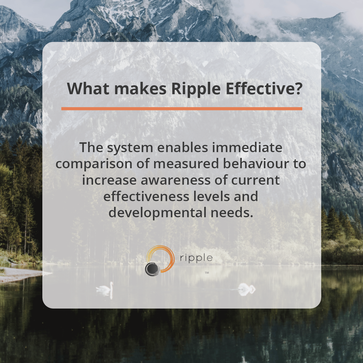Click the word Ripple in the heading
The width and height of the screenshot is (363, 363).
196,89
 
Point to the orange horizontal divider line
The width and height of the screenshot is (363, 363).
181,109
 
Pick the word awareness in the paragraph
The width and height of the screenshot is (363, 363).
175,180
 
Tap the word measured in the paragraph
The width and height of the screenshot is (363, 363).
186,164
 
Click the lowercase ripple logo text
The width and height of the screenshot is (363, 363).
196,258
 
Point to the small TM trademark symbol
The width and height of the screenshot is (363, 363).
207,272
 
